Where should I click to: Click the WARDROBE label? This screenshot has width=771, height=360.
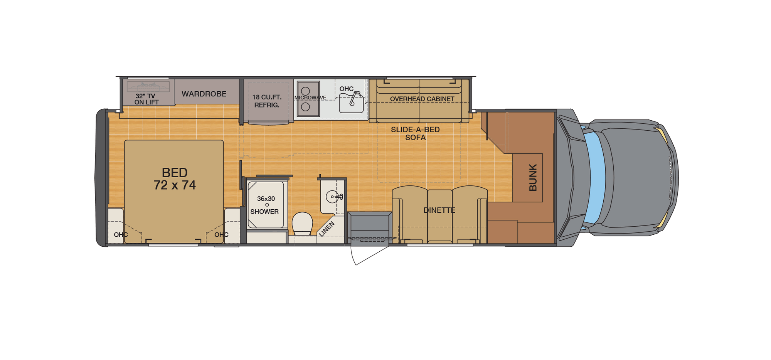coord(204,94)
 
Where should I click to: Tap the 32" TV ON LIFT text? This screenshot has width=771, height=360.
coord(146,99)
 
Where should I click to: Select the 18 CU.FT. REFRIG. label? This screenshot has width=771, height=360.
coord(267,101)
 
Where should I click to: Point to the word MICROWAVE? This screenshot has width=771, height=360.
coord(310,98)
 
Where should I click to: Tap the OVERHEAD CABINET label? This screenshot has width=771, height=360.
coord(422,99)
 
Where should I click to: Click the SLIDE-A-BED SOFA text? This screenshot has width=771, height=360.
coord(415,133)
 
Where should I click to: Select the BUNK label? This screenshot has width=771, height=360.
coord(533,177)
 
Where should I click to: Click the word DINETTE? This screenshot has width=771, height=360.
coord(439,210)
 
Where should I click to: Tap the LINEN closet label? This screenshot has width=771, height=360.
coord(327,229)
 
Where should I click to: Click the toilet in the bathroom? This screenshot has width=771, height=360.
coord(302,223)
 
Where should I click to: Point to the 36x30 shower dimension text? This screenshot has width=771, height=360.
coord(266,199)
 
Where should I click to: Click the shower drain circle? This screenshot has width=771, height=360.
coord(267,205)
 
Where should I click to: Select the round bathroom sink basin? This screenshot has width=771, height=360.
coord(332,197)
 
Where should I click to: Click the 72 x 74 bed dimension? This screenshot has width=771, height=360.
coord(175,185)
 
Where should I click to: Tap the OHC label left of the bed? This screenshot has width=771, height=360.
coord(121,235)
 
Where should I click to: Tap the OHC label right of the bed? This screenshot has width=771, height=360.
coord(221,235)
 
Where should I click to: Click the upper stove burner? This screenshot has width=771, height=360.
coord(305,91)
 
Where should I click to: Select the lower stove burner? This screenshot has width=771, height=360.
coord(305,107)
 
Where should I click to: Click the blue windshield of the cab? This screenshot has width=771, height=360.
coord(595,177)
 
